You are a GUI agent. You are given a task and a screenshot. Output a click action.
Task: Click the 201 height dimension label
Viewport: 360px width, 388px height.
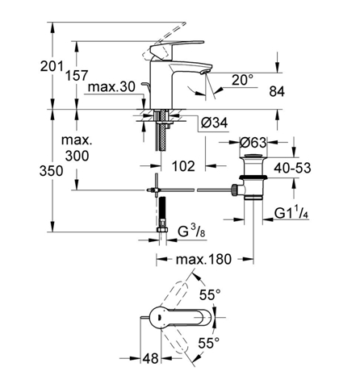click(x=52, y=66)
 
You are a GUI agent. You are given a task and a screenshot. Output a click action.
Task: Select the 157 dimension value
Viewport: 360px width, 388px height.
click(x=77, y=76)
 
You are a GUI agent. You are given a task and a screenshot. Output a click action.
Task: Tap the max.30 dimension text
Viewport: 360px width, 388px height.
click(x=111, y=87)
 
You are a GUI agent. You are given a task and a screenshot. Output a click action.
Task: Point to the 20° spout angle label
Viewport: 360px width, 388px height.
click(x=243, y=80)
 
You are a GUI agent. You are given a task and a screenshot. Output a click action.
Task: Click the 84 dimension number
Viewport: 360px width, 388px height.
click(x=277, y=92)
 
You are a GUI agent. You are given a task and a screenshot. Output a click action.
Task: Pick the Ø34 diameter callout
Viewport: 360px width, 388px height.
click(x=215, y=123)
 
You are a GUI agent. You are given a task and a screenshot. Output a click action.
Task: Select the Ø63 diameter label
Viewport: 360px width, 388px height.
click(x=253, y=142)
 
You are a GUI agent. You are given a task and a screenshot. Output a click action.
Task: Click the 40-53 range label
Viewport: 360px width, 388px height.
click(x=292, y=168)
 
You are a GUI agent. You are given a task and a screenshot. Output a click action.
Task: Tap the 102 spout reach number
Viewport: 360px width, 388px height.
click(x=183, y=166)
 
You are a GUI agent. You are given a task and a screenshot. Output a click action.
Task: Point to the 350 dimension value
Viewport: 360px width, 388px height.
click(x=52, y=171)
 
